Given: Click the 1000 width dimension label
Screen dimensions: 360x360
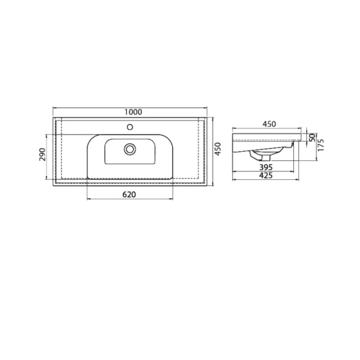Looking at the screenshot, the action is tap(134, 112).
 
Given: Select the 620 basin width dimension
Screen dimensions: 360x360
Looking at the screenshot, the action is tap(129, 194).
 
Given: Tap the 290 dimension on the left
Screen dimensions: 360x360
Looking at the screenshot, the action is tap(43, 154).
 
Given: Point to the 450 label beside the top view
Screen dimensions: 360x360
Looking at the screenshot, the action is tap(218, 149).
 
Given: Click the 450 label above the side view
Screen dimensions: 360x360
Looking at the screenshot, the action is tap(269, 124).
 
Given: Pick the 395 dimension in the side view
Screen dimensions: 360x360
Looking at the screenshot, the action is tap(266, 167).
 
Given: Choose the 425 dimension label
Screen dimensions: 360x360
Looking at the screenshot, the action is tap(266, 175).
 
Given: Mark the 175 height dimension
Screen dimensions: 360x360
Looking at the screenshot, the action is tap(321, 145).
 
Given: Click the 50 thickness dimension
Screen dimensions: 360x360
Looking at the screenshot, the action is tap(312, 137).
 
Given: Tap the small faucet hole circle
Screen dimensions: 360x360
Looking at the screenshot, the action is tap(130, 127).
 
